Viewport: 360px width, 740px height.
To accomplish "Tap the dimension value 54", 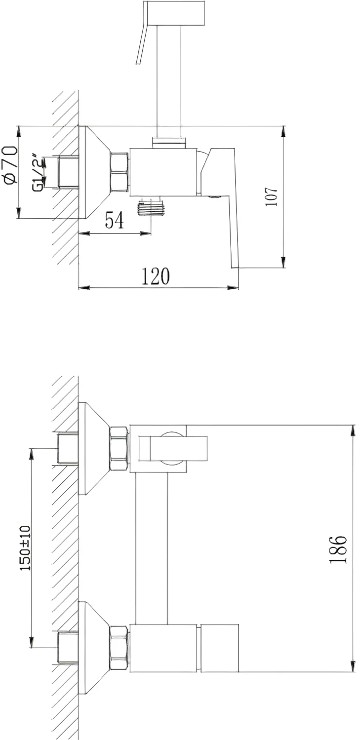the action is tap(115, 220).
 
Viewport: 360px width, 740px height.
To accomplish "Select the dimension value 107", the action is tap(272, 196).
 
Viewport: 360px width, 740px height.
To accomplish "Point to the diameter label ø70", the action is tap(10, 164).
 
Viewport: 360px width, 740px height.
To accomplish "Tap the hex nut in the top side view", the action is tap(119, 172).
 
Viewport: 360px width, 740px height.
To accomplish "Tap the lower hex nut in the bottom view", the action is tap(119, 647).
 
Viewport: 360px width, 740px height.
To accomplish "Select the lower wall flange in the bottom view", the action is tap(94, 647).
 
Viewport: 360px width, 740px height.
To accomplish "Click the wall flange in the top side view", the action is tap(94, 172).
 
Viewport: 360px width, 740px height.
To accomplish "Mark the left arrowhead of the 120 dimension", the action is tap(84, 288).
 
